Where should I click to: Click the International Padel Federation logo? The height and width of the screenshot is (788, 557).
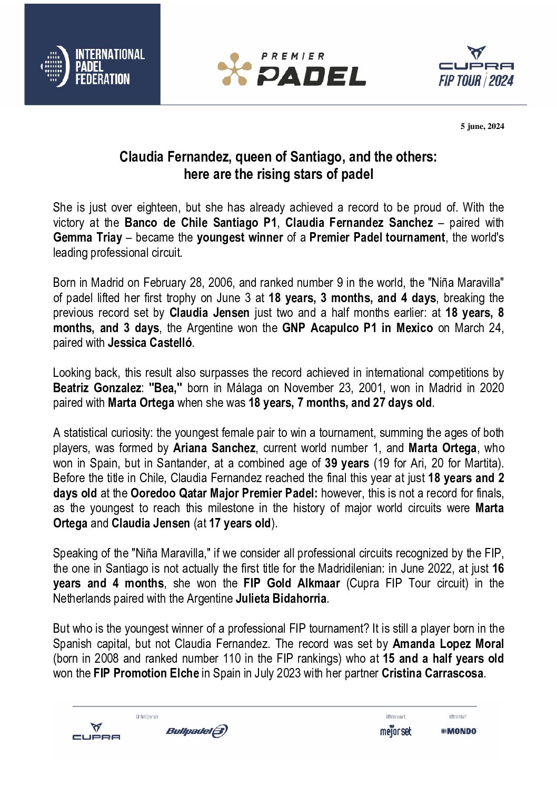[93, 67]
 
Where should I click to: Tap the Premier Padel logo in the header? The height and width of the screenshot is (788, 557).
[292, 69]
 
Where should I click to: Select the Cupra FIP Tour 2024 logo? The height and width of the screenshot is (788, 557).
[476, 67]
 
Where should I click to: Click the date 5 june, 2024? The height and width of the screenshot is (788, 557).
[482, 126]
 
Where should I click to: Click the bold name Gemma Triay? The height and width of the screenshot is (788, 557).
[87, 238]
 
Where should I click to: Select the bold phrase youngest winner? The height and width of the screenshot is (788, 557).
[240, 238]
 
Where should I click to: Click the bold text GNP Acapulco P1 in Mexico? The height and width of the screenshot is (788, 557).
[357, 328]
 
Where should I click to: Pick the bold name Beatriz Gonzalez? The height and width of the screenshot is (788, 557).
[97, 388]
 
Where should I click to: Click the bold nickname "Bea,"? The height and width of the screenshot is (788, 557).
[165, 388]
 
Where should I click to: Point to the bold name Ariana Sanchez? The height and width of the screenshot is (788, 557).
[214, 448]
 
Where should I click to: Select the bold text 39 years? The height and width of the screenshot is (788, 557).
[346, 464]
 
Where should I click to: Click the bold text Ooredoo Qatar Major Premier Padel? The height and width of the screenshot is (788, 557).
[224, 494]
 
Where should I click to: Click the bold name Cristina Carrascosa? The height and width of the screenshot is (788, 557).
[432, 674]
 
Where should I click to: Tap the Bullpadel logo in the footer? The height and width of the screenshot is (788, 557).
[196, 731]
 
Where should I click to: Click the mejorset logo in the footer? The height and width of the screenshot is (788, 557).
[395, 731]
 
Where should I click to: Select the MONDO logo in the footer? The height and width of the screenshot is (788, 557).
[459, 731]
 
